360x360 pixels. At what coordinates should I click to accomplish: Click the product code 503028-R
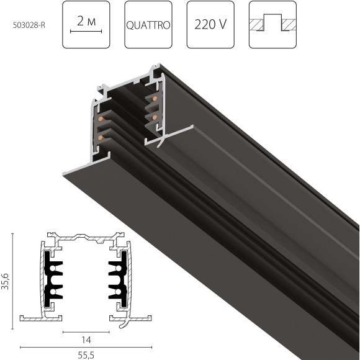[x=29, y=25]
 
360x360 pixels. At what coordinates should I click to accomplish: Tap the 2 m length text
[x=86, y=21]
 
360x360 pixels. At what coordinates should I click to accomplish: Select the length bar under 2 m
[x=86, y=31]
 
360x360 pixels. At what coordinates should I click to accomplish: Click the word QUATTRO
[x=148, y=25]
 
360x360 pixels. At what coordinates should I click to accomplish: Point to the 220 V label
[x=210, y=24]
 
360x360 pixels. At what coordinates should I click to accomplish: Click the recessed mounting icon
[x=272, y=22]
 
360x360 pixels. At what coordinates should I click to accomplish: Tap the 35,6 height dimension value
[x=6, y=281]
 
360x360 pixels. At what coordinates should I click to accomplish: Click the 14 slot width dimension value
[x=86, y=340]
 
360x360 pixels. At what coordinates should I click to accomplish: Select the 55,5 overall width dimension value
[x=86, y=355]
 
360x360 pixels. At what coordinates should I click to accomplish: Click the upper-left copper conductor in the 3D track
[x=101, y=119]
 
